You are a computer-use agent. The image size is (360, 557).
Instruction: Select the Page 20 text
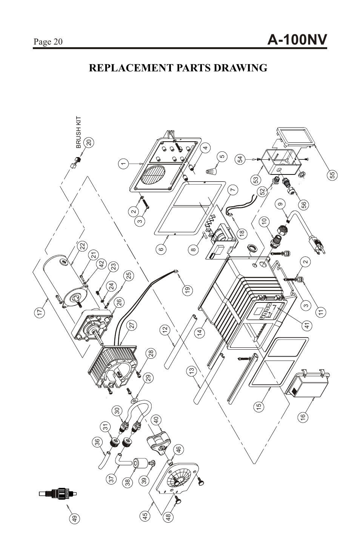(x=48, y=42)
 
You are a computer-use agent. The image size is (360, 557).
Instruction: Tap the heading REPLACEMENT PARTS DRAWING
(x=178, y=68)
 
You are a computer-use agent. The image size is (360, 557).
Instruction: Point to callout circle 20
(x=89, y=143)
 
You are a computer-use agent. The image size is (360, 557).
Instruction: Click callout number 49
(x=75, y=519)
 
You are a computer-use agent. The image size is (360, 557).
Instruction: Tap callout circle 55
(x=332, y=175)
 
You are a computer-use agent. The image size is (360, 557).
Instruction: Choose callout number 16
(x=303, y=417)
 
